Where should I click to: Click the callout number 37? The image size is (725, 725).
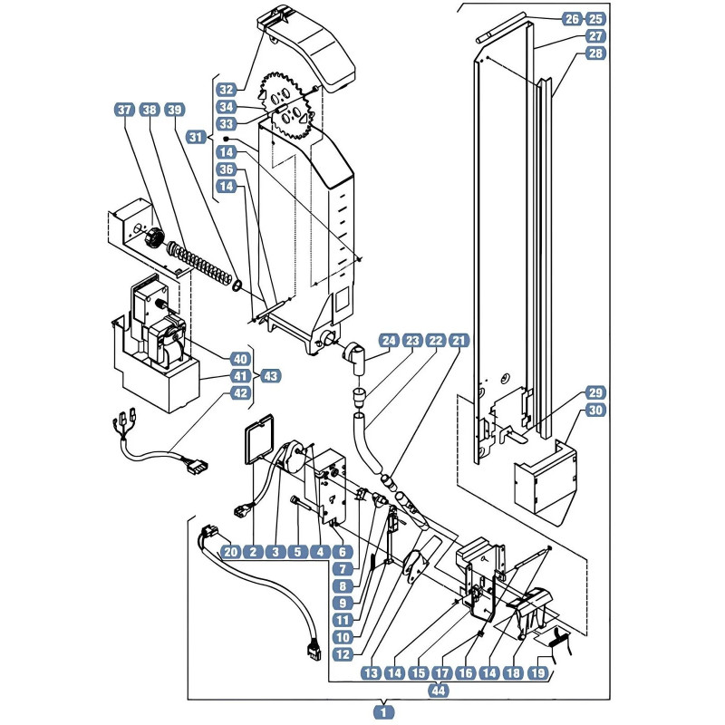[124, 110]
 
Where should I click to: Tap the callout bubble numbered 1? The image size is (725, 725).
[383, 712]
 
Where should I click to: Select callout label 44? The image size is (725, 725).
[439, 691]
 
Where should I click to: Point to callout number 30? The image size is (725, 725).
[595, 410]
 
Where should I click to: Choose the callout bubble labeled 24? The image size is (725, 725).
[389, 341]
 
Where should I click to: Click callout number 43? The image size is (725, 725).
[271, 376]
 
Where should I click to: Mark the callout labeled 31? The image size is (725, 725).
[196, 137]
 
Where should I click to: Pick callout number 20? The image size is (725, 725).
[231, 552]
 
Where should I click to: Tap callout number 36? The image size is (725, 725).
[227, 169]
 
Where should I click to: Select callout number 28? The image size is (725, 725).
[595, 53]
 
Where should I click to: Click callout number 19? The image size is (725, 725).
[537, 672]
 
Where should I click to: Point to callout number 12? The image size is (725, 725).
[343, 654]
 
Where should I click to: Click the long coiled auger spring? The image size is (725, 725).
[199, 263]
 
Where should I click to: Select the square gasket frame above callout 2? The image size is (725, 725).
[259, 439]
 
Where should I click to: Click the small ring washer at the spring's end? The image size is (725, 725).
[238, 285]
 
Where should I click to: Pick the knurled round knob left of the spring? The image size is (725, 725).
[153, 237]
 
